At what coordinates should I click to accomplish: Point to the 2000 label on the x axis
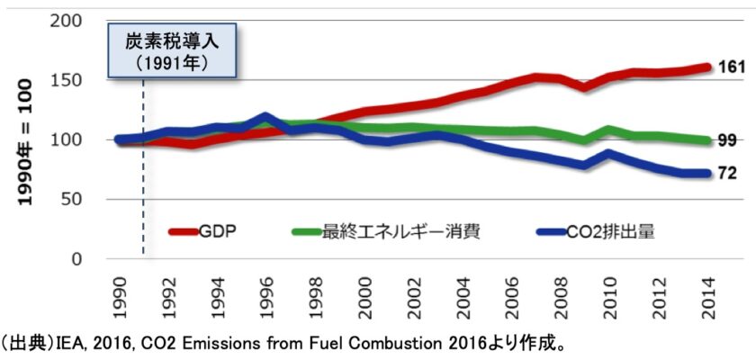click(365, 290)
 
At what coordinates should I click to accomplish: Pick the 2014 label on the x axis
click(709, 290)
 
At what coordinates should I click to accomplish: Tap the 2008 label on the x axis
click(562, 290)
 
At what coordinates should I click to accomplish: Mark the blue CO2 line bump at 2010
click(610, 154)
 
